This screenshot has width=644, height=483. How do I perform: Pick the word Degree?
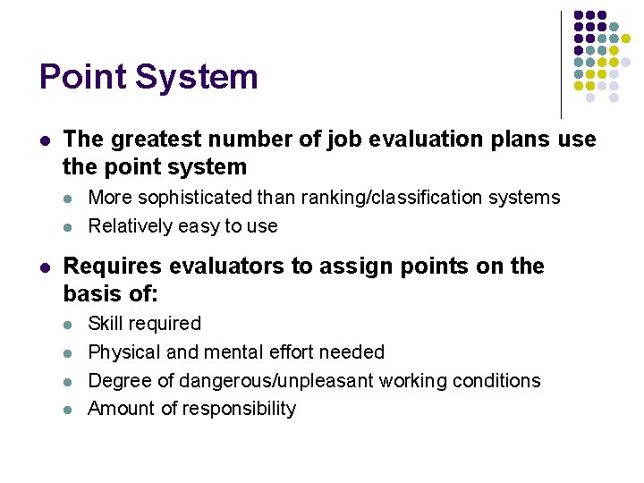point(120,380)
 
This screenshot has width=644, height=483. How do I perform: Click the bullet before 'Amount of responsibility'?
point(71,409)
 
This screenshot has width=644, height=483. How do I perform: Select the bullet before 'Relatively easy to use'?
point(71,225)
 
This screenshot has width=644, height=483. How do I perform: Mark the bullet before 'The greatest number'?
point(44,140)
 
